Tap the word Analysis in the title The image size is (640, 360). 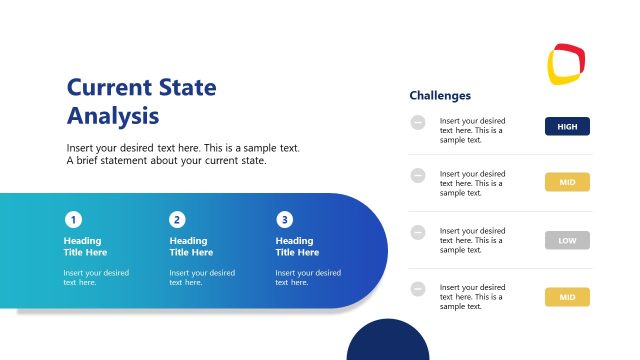[113, 115]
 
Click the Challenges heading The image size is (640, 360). [440, 96]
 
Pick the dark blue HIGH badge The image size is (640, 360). [567, 126]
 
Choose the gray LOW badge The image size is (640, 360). [567, 240]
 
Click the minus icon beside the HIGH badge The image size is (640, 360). [418, 122]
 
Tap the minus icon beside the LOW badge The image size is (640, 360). [418, 232]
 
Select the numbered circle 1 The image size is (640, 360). [73, 220]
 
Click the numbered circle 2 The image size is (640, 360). [177, 220]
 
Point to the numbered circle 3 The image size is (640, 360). [285, 220]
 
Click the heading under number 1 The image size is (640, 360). [85, 246]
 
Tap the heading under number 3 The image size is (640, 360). [297, 246]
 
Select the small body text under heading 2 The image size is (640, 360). [202, 277]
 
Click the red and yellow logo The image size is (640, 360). [565, 63]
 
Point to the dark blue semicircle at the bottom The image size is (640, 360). [387, 344]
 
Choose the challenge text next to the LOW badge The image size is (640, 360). [471, 241]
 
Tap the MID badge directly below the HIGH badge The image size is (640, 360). [567, 182]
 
